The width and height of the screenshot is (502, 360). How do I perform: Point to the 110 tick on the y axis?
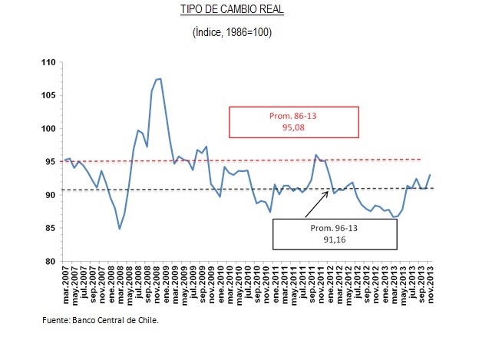coord(49,61)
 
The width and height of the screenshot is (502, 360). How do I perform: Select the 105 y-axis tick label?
coord(49,95)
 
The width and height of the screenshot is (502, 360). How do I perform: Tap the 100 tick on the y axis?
coord(49,128)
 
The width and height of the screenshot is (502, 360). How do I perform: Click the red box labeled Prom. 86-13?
coord(294,121)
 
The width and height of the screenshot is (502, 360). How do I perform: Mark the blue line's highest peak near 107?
coord(158,79)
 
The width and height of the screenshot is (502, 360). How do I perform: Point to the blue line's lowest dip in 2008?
coord(121,229)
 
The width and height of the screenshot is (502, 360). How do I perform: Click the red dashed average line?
coord(192,160)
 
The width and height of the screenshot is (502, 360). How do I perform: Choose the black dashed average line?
coord(192,189)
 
